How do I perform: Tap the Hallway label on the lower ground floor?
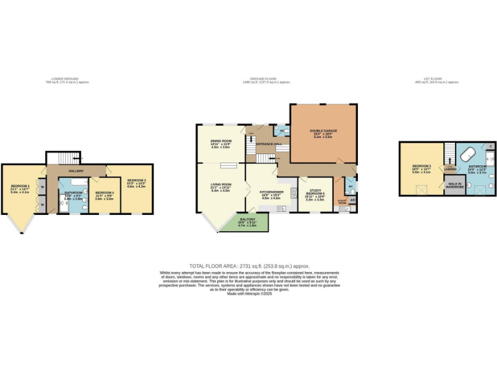pyautogui.click(x=77, y=171)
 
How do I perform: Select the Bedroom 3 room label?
pyautogui.click(x=136, y=182)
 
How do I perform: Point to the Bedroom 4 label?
pyautogui.click(x=104, y=195)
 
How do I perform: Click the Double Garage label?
pyautogui.click(x=322, y=133)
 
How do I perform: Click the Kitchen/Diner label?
pyautogui.click(x=270, y=194)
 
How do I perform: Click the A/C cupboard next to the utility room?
pyautogui.click(x=353, y=201)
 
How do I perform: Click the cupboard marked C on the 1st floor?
pyautogui.click(x=491, y=147)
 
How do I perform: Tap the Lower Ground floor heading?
pyautogui.click(x=67, y=80)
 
